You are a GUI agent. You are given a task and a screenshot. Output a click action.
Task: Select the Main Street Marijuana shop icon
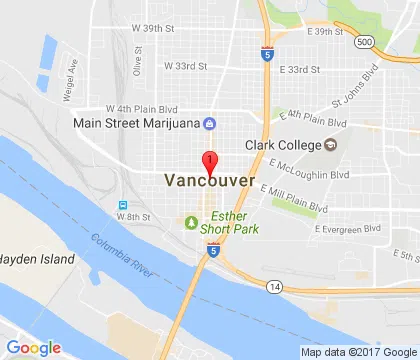[x=209, y=124]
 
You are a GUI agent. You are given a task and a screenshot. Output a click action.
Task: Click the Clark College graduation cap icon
[x=331, y=144]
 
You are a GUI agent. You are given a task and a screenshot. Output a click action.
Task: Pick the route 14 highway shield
[x=274, y=286]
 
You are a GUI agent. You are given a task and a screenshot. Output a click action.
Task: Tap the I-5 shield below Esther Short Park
[x=214, y=251]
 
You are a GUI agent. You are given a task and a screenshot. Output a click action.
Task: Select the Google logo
[x=32, y=347]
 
